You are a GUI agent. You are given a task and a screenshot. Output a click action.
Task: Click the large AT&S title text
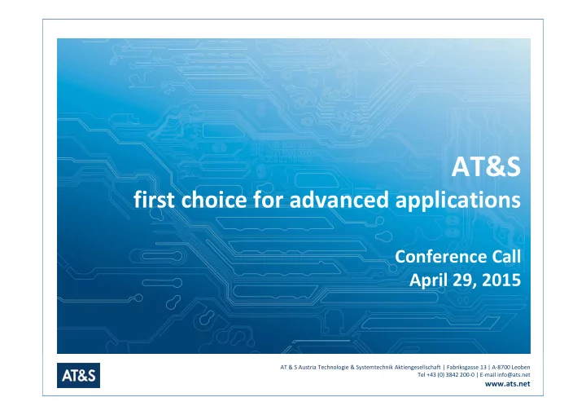[x=486, y=166]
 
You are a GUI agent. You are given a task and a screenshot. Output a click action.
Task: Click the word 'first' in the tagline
[x=154, y=199]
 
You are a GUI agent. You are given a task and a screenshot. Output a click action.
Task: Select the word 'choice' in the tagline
[x=214, y=199]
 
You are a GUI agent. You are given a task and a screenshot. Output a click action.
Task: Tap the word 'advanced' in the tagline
[x=339, y=199]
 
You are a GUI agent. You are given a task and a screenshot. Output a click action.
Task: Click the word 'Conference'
[x=440, y=257]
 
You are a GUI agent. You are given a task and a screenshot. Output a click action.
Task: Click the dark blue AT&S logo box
[x=78, y=375]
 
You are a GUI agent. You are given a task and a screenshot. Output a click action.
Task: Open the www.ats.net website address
[x=507, y=383]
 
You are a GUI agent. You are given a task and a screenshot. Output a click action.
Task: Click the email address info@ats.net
[x=514, y=374]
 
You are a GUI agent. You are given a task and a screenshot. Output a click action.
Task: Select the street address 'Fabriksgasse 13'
[x=466, y=367]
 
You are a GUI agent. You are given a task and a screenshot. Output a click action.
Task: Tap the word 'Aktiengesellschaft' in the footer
[x=418, y=367]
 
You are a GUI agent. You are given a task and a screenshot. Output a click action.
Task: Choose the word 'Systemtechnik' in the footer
[x=374, y=367]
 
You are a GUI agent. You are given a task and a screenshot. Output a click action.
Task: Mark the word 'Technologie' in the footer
[x=333, y=367]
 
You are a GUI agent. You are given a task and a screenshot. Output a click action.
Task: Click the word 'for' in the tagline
[x=268, y=199]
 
